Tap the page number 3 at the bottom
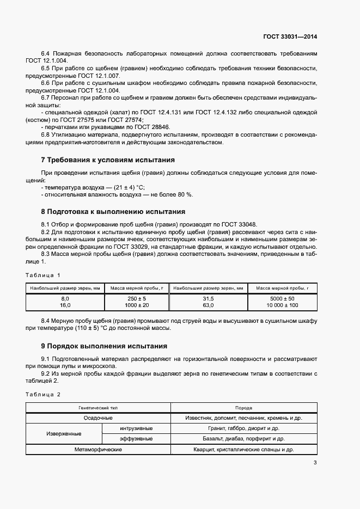[x=315, y=463]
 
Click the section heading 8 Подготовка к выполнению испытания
[x=113, y=211]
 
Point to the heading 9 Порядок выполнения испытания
[x=104, y=346]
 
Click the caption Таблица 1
[x=44, y=275]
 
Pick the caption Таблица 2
[x=44, y=394]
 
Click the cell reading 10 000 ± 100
[x=282, y=305]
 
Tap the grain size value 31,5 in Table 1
[x=208, y=299]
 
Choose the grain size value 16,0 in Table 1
[x=65, y=305]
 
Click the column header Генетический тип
[x=99, y=407]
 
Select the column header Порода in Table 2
[x=243, y=407]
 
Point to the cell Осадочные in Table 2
[x=99, y=418]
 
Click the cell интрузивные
[x=136, y=428]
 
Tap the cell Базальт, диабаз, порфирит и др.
[x=243, y=438]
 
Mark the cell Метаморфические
[x=99, y=449]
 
